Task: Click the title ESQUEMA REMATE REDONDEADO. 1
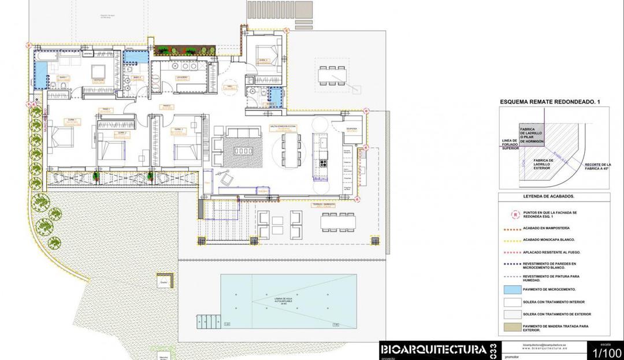550,102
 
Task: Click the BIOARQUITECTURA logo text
433,350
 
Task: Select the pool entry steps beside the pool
209,319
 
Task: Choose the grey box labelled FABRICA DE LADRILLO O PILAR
531,135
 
